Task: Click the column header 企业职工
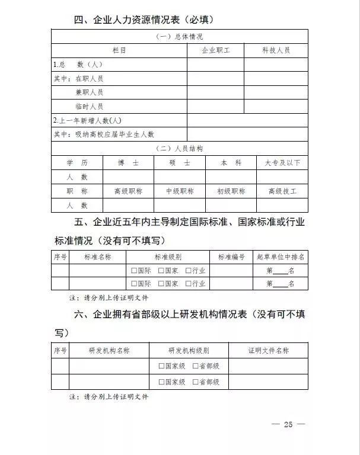215,51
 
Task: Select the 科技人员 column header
276,51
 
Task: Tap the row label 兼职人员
89,92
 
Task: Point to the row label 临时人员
89,107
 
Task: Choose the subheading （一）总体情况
179,37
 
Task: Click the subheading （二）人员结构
179,148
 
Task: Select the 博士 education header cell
128,162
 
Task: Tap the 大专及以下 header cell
282,162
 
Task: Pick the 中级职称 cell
180,191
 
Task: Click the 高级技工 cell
282,191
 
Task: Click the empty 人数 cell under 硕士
180,177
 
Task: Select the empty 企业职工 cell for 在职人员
215,78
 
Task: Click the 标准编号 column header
231,257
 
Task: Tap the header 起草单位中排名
281,257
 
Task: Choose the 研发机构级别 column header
189,351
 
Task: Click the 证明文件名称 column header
268,351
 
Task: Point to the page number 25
289,424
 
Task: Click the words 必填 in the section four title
200,20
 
